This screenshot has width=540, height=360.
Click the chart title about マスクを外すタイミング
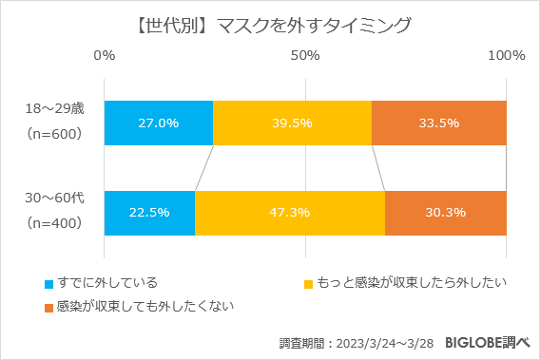click(x=269, y=25)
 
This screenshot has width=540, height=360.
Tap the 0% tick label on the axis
click(x=104, y=55)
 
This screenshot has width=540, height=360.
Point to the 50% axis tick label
click(x=304, y=55)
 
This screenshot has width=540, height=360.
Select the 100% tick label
click(x=506, y=55)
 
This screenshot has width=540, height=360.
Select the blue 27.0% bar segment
click(x=158, y=123)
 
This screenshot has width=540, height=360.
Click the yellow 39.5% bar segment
click(x=292, y=123)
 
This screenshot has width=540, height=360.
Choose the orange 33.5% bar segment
click(x=439, y=123)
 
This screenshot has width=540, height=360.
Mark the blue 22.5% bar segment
click(x=149, y=213)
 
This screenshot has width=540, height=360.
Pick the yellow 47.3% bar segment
click(x=290, y=213)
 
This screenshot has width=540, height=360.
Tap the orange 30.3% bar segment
click(x=445, y=213)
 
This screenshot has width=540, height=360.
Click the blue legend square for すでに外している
click(x=48, y=284)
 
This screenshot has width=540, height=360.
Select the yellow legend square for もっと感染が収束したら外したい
click(x=308, y=284)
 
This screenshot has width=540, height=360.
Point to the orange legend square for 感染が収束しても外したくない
click(x=48, y=307)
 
